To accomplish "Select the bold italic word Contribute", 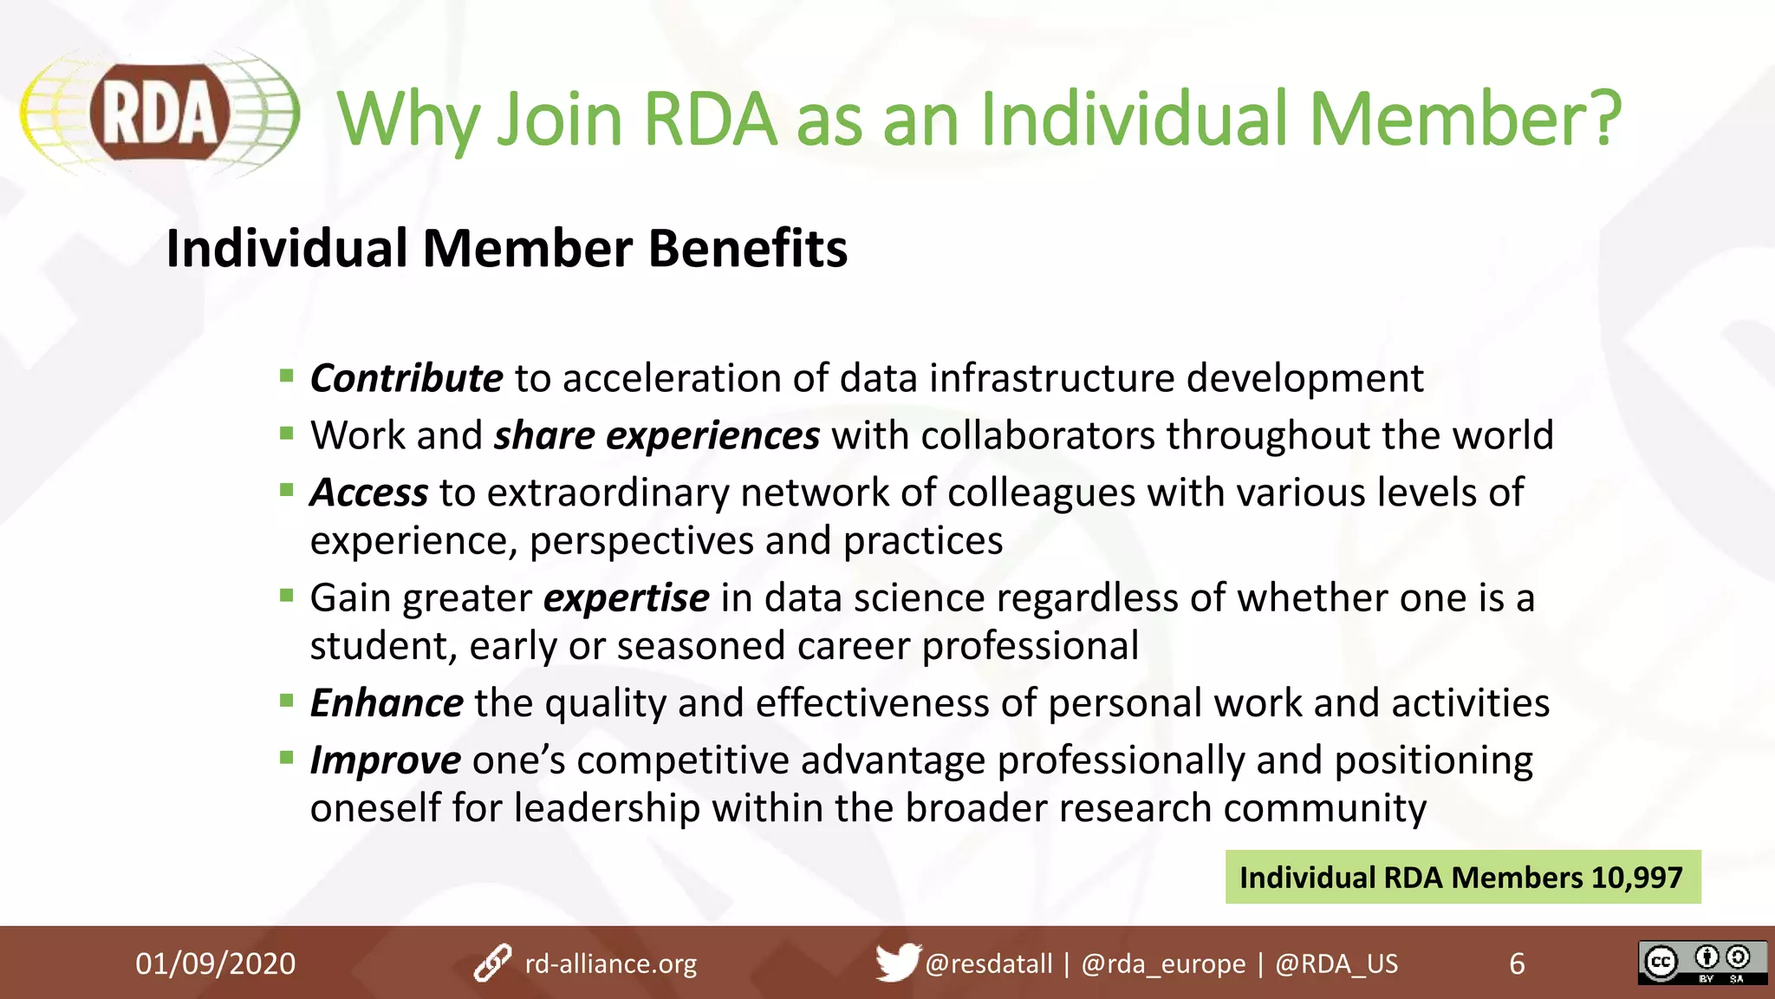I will point(406,378).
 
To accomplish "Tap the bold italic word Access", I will point(369,493).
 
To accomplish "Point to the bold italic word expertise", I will point(626,598).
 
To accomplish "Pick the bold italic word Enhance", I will point(387,703).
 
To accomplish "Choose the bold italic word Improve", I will point(386,761).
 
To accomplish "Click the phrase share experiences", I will point(656,435).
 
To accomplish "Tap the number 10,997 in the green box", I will point(1636,878).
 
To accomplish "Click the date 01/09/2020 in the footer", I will point(215,963).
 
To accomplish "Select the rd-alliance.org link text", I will point(610,963).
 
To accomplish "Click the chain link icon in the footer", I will point(493,963).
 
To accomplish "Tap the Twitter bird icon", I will point(896,962).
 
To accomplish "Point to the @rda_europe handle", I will point(1163,963).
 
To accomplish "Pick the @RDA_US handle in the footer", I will point(1336,963).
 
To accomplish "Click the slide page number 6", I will point(1517,963).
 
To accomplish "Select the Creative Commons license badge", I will point(1701,963).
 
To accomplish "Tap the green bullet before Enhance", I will point(287,700).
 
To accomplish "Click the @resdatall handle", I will point(988,963).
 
